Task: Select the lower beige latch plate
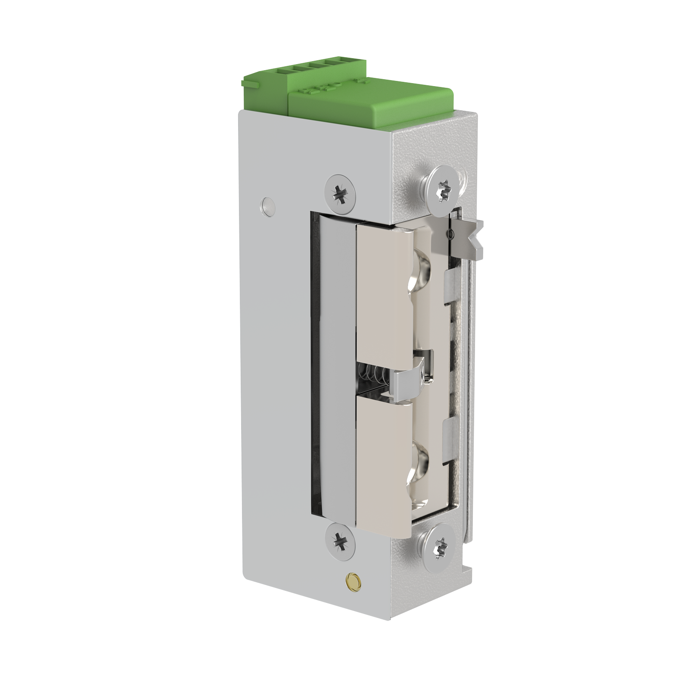coord(381,456)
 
